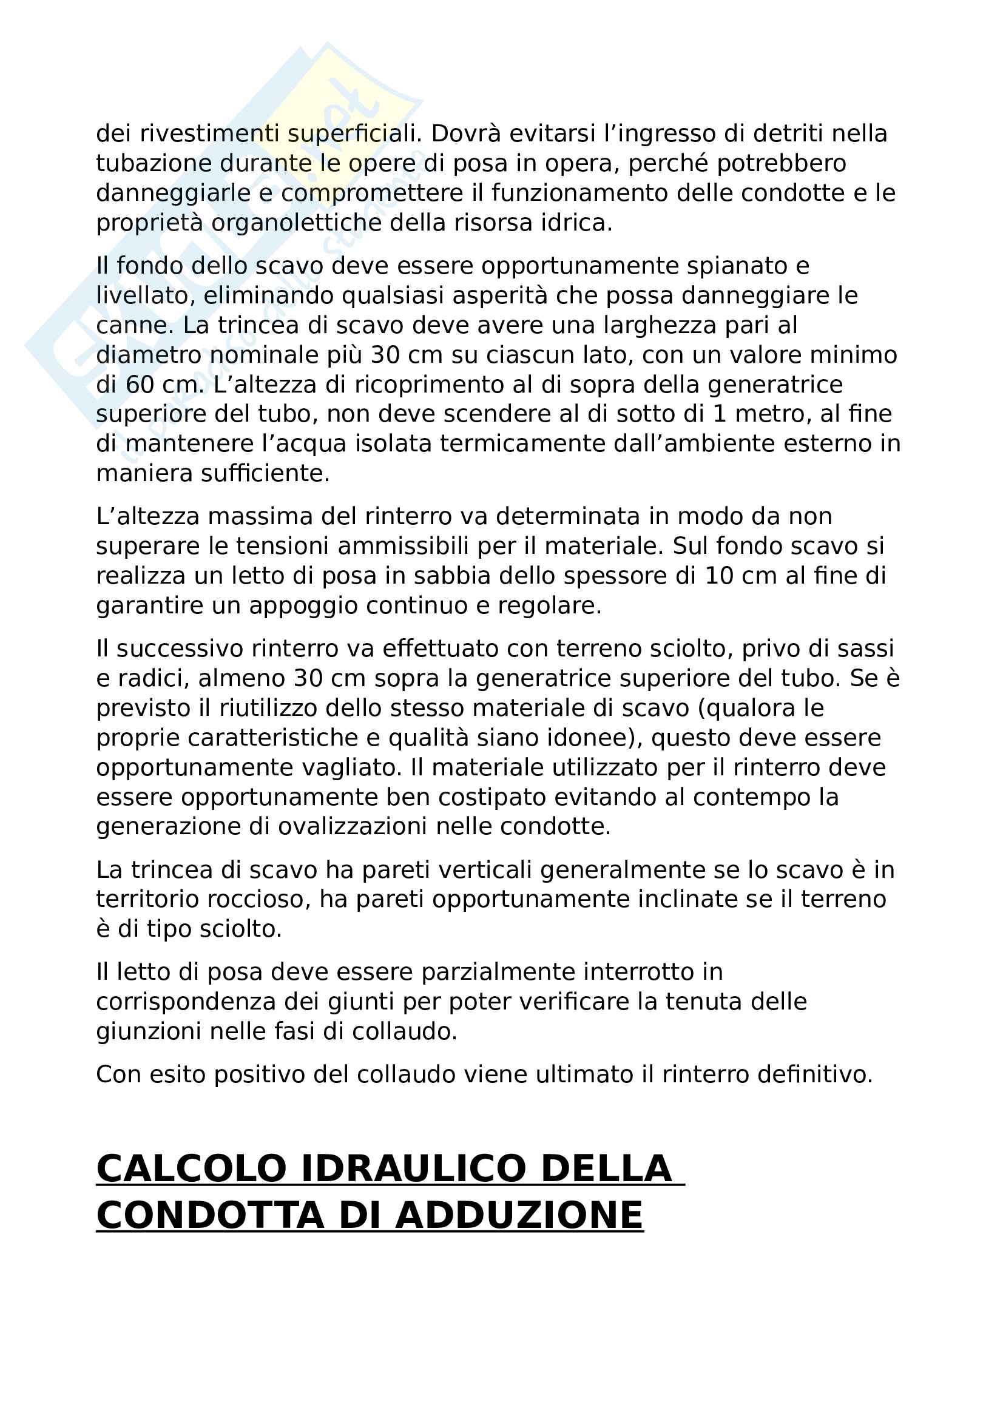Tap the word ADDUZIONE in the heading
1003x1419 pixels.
pyautogui.click(x=519, y=1216)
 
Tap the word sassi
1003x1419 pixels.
pyautogui.click(x=865, y=649)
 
